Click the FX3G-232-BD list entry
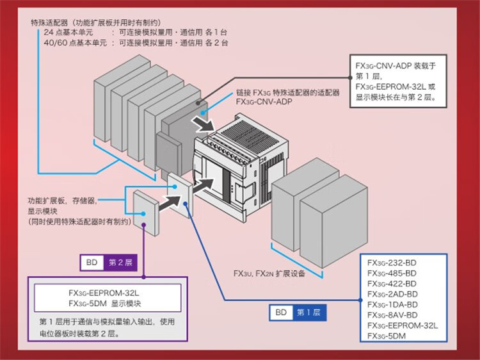coord(392,263)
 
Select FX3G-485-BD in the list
coord(392,273)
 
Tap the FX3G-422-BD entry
coord(392,283)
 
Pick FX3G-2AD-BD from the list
coord(392,293)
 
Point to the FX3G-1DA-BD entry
coord(392,304)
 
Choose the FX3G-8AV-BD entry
coord(392,315)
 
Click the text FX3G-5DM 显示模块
coord(107,303)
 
